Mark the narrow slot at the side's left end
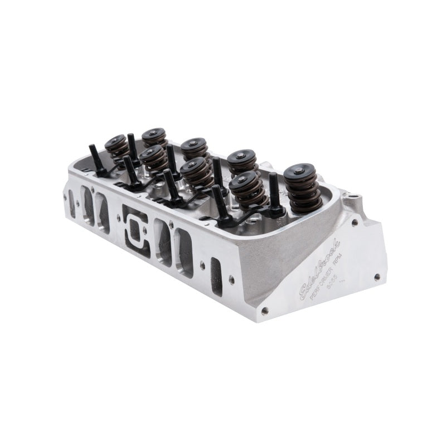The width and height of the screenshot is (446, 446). point(72,203)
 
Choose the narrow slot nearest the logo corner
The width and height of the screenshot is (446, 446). point(216,275)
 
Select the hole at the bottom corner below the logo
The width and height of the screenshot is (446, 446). point(264,310)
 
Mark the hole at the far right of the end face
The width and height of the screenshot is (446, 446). point(377,276)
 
